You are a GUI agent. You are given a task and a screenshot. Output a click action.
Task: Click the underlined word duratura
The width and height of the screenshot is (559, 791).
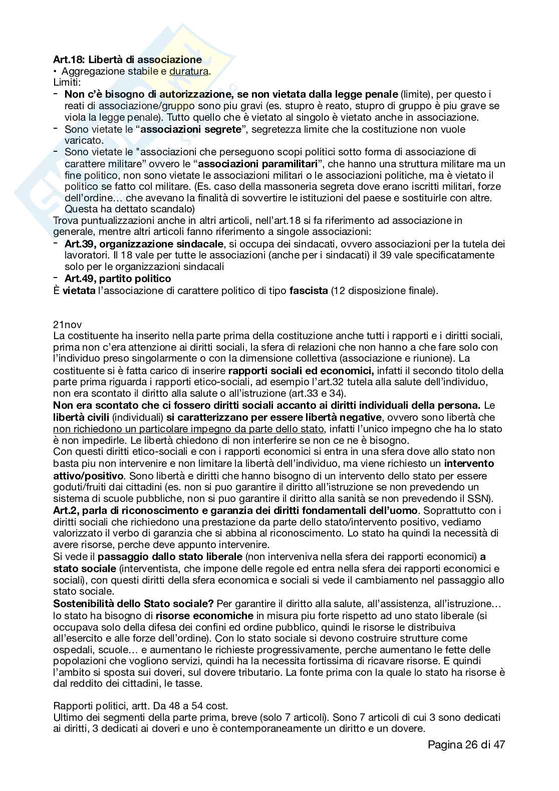[189, 71]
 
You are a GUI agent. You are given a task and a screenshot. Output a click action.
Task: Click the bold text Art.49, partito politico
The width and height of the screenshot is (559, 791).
[118, 279]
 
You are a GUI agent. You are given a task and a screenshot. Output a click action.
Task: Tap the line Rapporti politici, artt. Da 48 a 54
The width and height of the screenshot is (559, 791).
[140, 706]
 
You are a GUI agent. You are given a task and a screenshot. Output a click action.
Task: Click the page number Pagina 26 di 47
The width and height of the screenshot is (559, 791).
[466, 744]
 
